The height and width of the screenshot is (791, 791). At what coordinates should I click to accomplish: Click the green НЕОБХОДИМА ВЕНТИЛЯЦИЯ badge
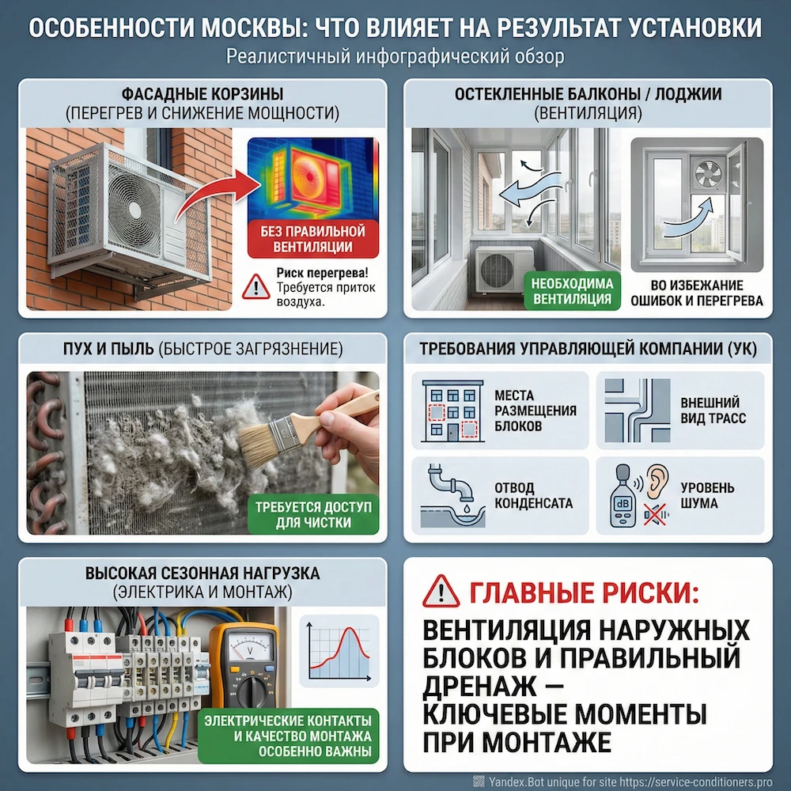(x=572, y=290)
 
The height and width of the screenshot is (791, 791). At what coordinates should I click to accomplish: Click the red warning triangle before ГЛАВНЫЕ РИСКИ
(x=441, y=591)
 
